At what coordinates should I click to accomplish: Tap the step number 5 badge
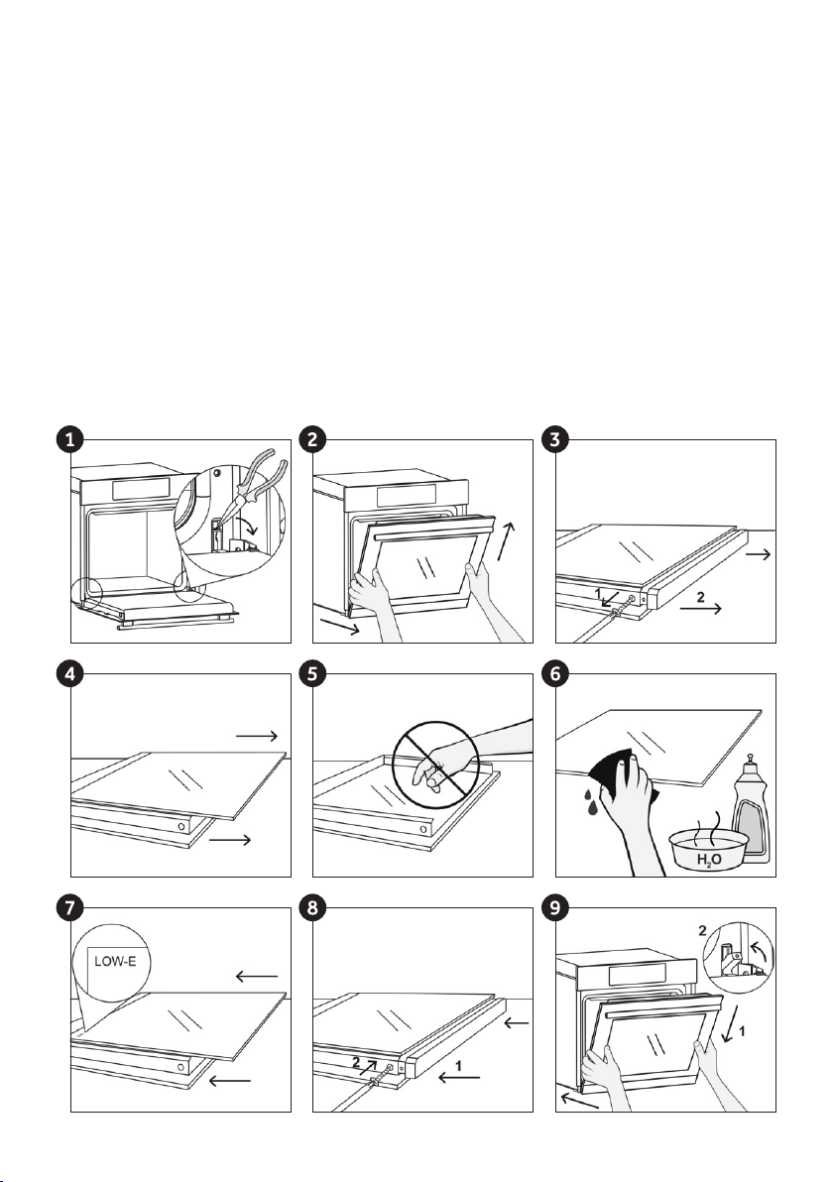click(x=312, y=674)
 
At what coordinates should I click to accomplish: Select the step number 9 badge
click(x=555, y=908)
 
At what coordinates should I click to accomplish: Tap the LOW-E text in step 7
click(x=115, y=961)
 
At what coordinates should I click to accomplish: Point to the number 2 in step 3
click(x=700, y=597)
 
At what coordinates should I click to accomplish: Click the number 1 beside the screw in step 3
click(x=598, y=594)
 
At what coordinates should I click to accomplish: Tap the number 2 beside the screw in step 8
click(x=356, y=1061)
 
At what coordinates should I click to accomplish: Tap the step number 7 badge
click(x=70, y=908)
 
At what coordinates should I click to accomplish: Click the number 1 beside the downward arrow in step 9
click(x=743, y=1031)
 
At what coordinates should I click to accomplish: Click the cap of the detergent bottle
click(x=750, y=763)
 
